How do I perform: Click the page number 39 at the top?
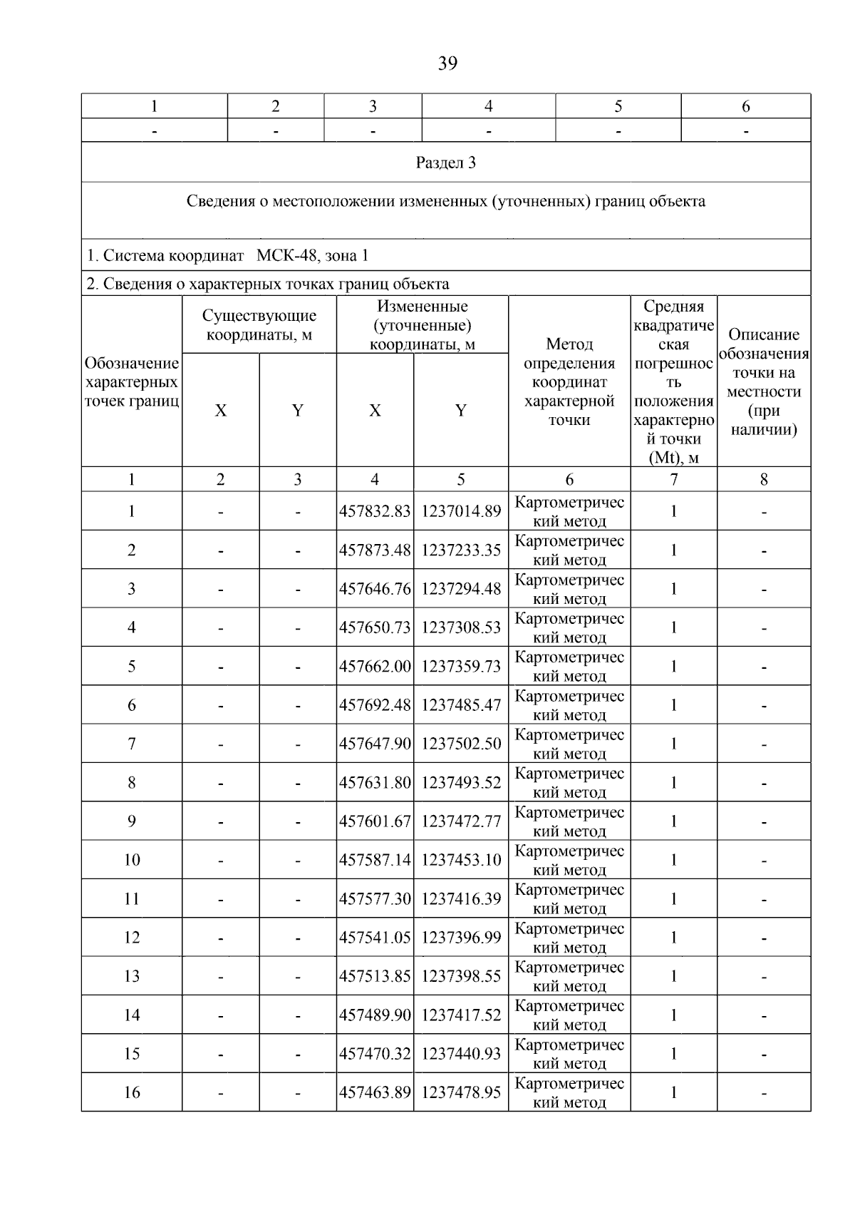click(x=447, y=63)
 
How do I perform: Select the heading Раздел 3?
click(x=445, y=163)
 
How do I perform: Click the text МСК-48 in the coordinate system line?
click(x=285, y=255)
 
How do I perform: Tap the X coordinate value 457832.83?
click(x=375, y=511)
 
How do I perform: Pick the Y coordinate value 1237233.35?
click(x=461, y=550)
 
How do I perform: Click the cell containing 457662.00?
click(x=375, y=666)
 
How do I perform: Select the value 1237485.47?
click(x=461, y=705)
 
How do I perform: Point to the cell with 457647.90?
click(x=375, y=744)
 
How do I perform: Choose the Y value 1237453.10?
click(x=461, y=860)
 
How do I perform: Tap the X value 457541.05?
click(x=375, y=938)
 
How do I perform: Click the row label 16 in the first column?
click(x=132, y=1092)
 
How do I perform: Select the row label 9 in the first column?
click(x=132, y=821)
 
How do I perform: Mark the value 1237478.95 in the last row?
click(x=461, y=1092)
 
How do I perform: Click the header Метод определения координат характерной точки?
click(x=569, y=382)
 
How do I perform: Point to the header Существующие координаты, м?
click(x=259, y=325)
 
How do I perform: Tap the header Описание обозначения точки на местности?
click(x=764, y=382)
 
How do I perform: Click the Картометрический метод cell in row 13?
click(x=569, y=976)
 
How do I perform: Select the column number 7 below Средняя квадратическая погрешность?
click(x=673, y=479)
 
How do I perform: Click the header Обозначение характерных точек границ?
click(x=132, y=382)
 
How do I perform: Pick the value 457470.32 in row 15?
click(x=375, y=1054)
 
